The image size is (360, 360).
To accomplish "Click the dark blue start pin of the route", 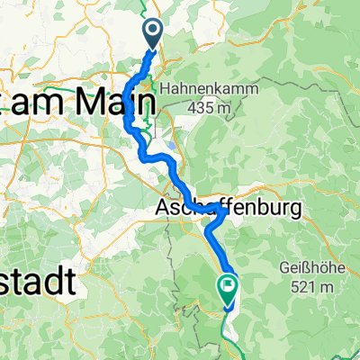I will click(x=151, y=34).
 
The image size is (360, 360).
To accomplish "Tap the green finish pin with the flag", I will click(x=227, y=288).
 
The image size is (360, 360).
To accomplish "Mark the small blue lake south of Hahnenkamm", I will click(x=170, y=143).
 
